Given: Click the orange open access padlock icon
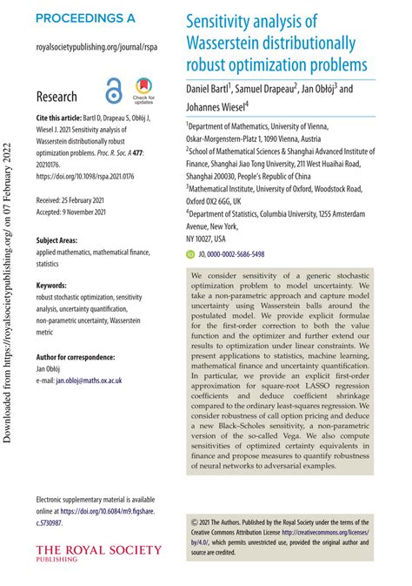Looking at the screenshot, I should (x=114, y=91).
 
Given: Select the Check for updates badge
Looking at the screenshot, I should (x=144, y=91).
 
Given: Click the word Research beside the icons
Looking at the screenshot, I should (x=56, y=97).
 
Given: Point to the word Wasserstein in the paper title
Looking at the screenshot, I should (x=227, y=43).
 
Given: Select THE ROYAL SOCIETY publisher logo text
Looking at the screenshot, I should (x=98, y=550).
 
